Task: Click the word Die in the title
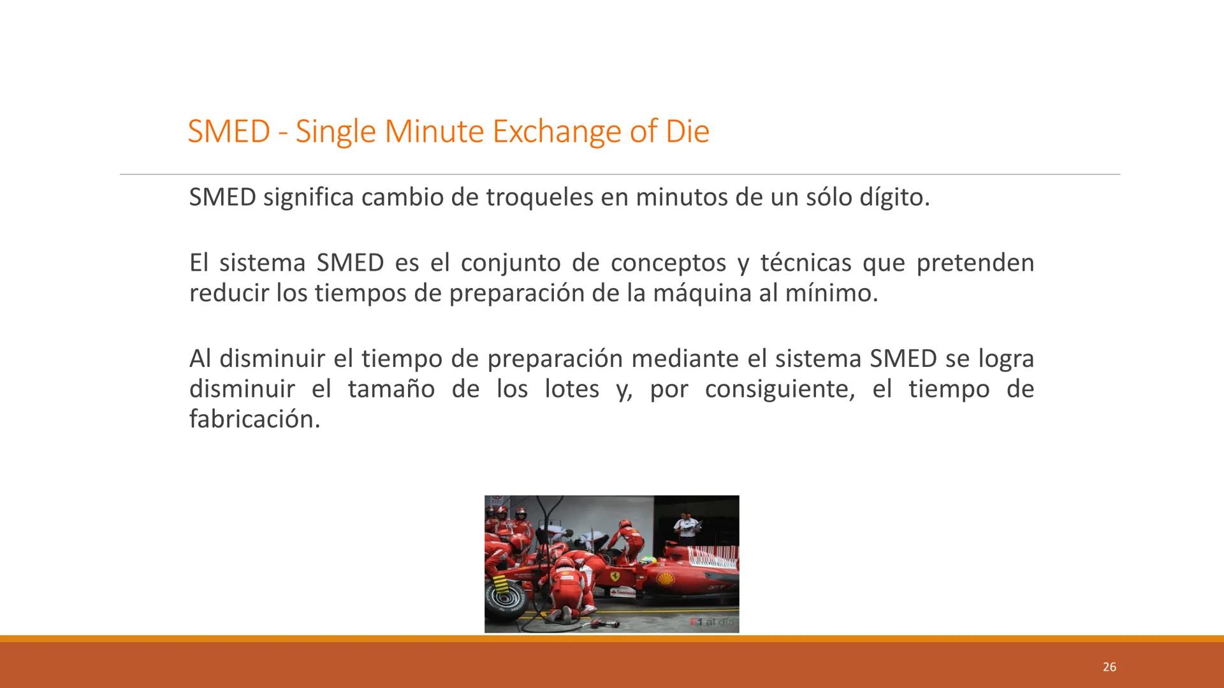[687, 132]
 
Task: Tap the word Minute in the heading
[434, 132]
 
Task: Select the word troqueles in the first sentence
[539, 197]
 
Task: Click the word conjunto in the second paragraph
[511, 262]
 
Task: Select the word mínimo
[831, 293]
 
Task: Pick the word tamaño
[391, 389]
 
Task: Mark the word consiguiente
[779, 389]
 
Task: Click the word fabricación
[254, 419]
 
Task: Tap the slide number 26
[1109, 667]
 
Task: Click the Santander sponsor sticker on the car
[623, 592]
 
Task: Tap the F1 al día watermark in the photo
[712, 622]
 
